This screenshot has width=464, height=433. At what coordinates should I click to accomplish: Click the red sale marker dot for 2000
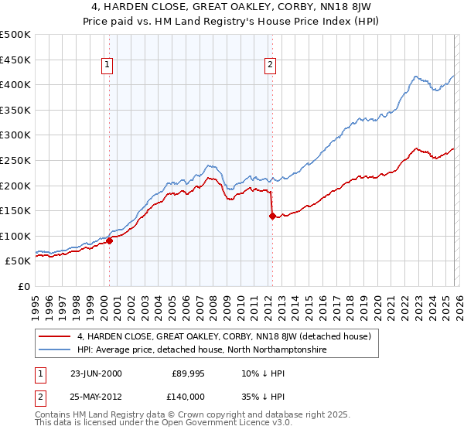tap(109, 240)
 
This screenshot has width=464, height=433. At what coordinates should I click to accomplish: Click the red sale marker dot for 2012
tap(271, 216)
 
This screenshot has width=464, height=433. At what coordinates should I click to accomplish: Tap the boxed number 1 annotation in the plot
tap(107, 65)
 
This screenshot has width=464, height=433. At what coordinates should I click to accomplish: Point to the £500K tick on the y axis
tap(15, 35)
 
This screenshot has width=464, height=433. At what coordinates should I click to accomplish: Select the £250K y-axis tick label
tap(15, 160)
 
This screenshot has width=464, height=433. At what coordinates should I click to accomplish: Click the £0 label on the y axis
tap(24, 286)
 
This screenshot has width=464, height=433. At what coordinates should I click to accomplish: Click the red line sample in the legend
tap(55, 336)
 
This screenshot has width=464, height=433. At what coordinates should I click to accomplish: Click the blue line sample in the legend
tap(55, 349)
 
